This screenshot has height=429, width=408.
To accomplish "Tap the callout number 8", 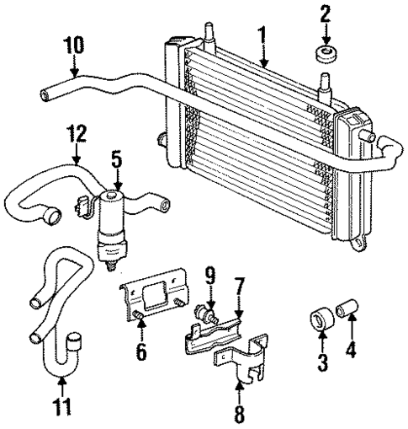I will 239,413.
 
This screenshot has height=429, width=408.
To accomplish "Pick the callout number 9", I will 210,275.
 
